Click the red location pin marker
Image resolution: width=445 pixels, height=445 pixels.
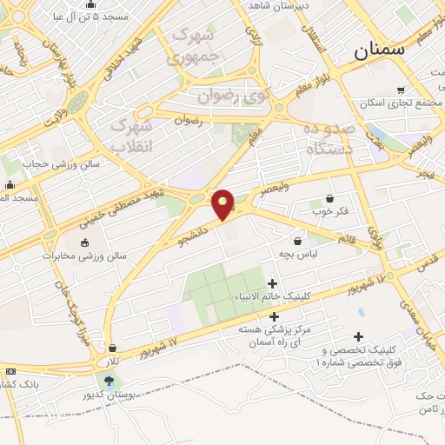[x=223, y=204]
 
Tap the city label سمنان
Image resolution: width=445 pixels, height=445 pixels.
[x=380, y=50]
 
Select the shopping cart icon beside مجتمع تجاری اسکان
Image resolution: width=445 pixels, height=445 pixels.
[x=401, y=90]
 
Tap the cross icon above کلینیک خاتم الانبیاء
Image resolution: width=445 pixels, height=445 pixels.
[x=273, y=283]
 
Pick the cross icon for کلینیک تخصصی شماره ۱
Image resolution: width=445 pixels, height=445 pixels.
[x=358, y=337]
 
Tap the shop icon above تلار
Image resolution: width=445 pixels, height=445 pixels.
[x=112, y=348]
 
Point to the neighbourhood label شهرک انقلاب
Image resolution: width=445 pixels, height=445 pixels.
[x=132, y=136]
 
